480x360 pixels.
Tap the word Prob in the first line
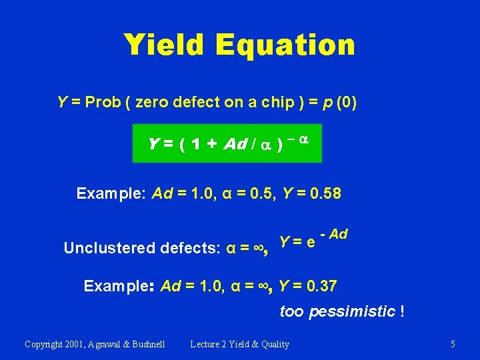click(x=104, y=102)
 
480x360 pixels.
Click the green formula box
click(x=227, y=143)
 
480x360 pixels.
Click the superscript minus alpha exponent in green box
click(x=297, y=138)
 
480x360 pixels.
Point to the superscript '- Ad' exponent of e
click(x=334, y=234)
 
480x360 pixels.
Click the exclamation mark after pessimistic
click(x=401, y=311)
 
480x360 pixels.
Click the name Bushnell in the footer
click(x=144, y=344)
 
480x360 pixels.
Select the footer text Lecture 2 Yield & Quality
click(x=240, y=344)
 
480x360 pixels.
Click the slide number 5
click(x=453, y=344)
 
